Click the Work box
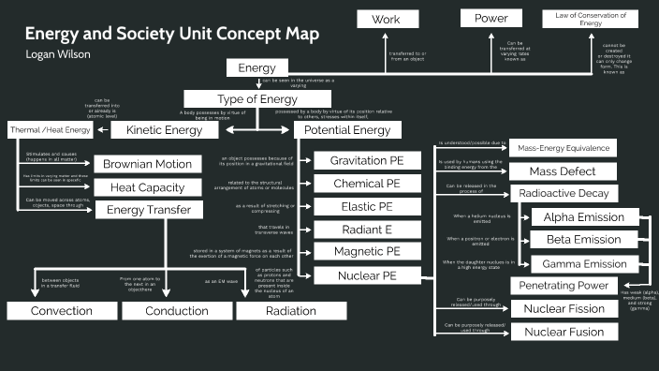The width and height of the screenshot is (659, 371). (386, 19)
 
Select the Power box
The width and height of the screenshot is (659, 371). (491, 18)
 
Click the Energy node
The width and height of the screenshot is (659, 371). (256, 68)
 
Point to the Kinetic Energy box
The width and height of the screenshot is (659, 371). (164, 130)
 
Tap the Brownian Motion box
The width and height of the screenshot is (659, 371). (147, 165)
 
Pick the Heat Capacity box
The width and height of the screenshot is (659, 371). (147, 187)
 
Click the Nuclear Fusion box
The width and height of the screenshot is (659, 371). (570, 332)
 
